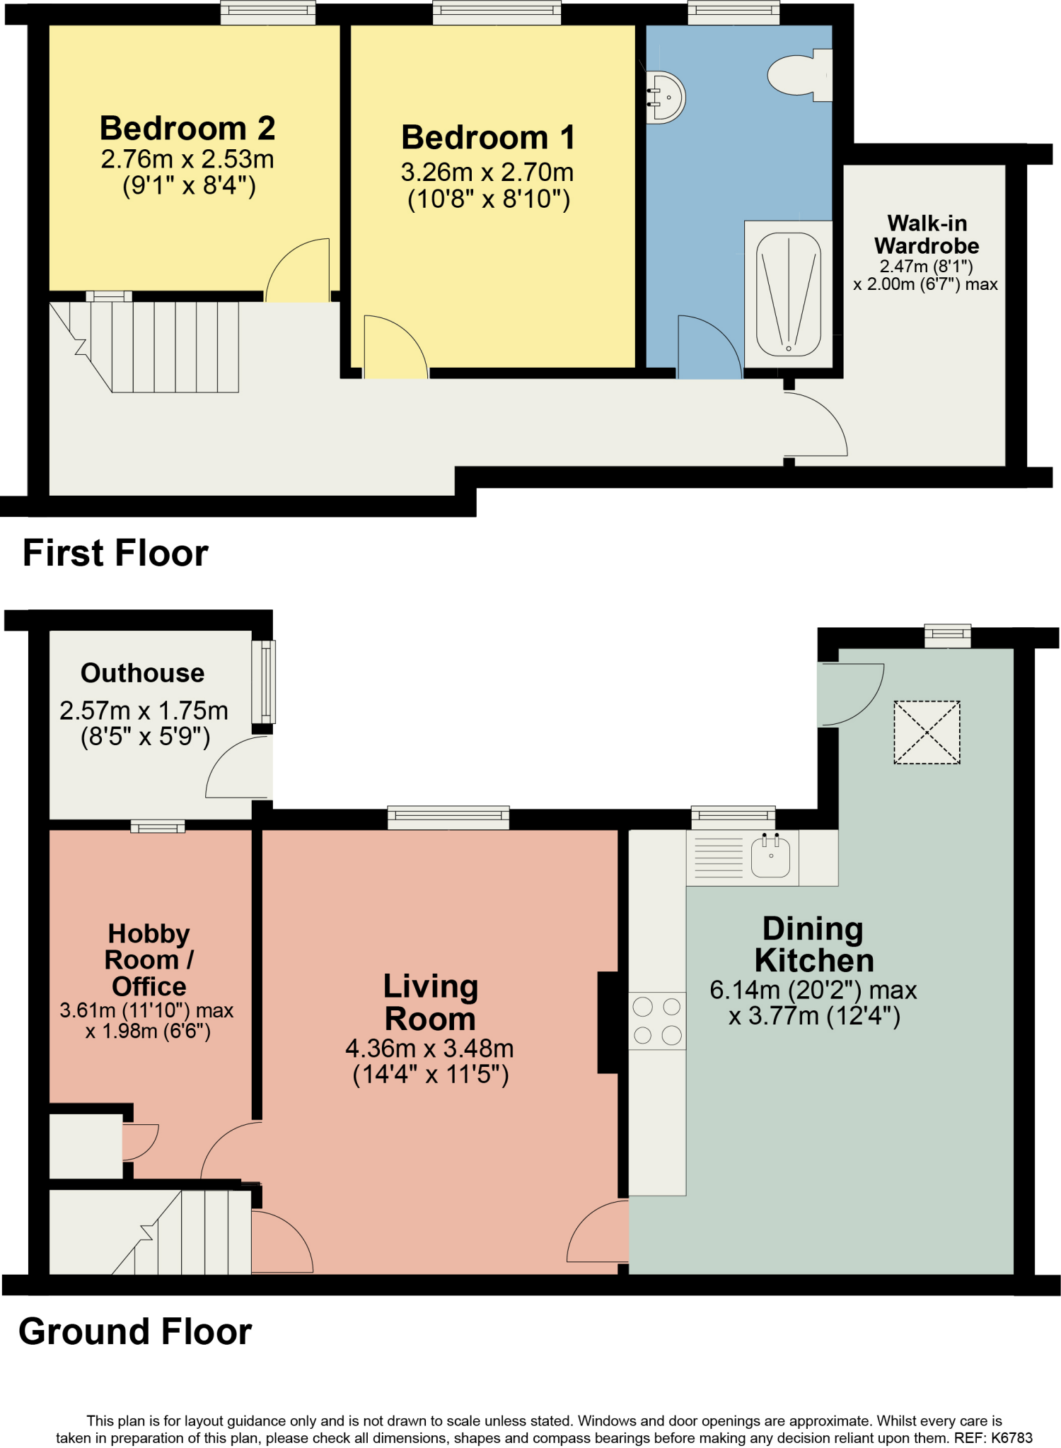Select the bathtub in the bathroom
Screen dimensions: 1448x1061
coord(788,294)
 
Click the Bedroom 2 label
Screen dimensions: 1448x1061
coord(187,129)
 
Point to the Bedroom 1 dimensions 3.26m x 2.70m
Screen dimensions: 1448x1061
coord(487,172)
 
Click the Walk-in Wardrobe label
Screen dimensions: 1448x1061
coord(927,235)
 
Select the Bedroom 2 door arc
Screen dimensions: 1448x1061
coord(297,270)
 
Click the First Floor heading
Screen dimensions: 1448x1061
coord(115,553)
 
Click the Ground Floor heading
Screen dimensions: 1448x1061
coord(135,1331)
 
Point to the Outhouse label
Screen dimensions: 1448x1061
coord(142,673)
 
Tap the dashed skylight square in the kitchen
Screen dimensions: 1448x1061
coord(927,732)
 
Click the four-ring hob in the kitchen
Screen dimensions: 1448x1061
coord(657,1020)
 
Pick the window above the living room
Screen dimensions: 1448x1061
coord(448,817)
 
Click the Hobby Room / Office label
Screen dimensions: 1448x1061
coord(149,959)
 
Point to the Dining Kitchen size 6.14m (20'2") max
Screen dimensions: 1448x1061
coord(813,991)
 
